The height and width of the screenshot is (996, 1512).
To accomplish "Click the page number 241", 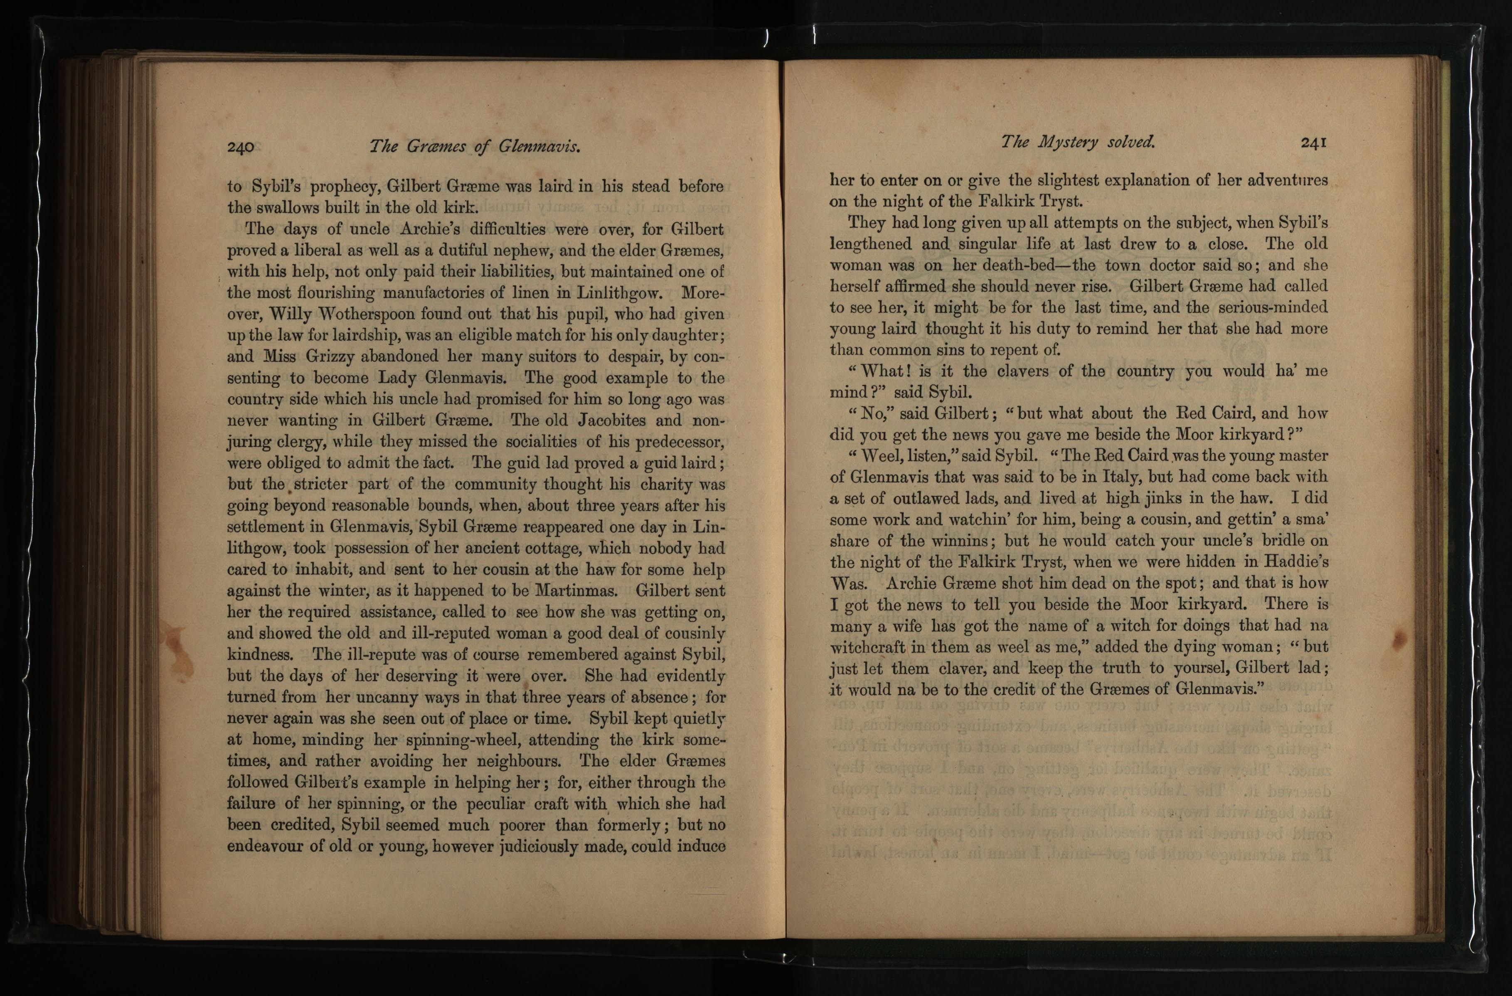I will coord(1313,142).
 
